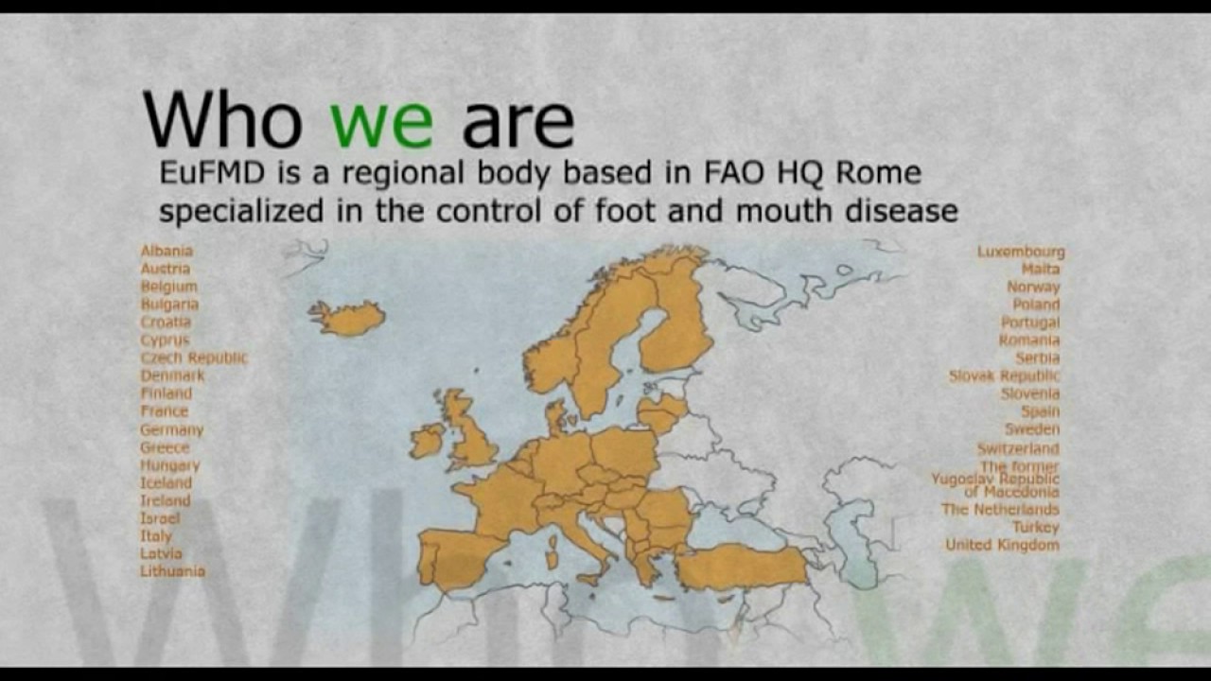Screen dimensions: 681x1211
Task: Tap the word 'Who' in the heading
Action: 222,120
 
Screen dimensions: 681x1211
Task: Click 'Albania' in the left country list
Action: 167,251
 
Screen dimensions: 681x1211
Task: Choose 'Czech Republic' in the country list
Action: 194,358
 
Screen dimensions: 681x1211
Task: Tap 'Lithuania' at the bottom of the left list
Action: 172,571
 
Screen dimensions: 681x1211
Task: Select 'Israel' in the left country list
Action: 160,518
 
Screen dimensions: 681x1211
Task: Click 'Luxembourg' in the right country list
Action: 1021,252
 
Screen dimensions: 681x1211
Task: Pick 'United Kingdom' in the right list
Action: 1002,545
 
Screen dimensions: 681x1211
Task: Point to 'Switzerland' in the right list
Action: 1018,448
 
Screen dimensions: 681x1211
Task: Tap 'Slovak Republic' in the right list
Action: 1004,376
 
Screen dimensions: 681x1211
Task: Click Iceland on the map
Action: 348,318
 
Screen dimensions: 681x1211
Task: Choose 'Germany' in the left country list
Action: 171,429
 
